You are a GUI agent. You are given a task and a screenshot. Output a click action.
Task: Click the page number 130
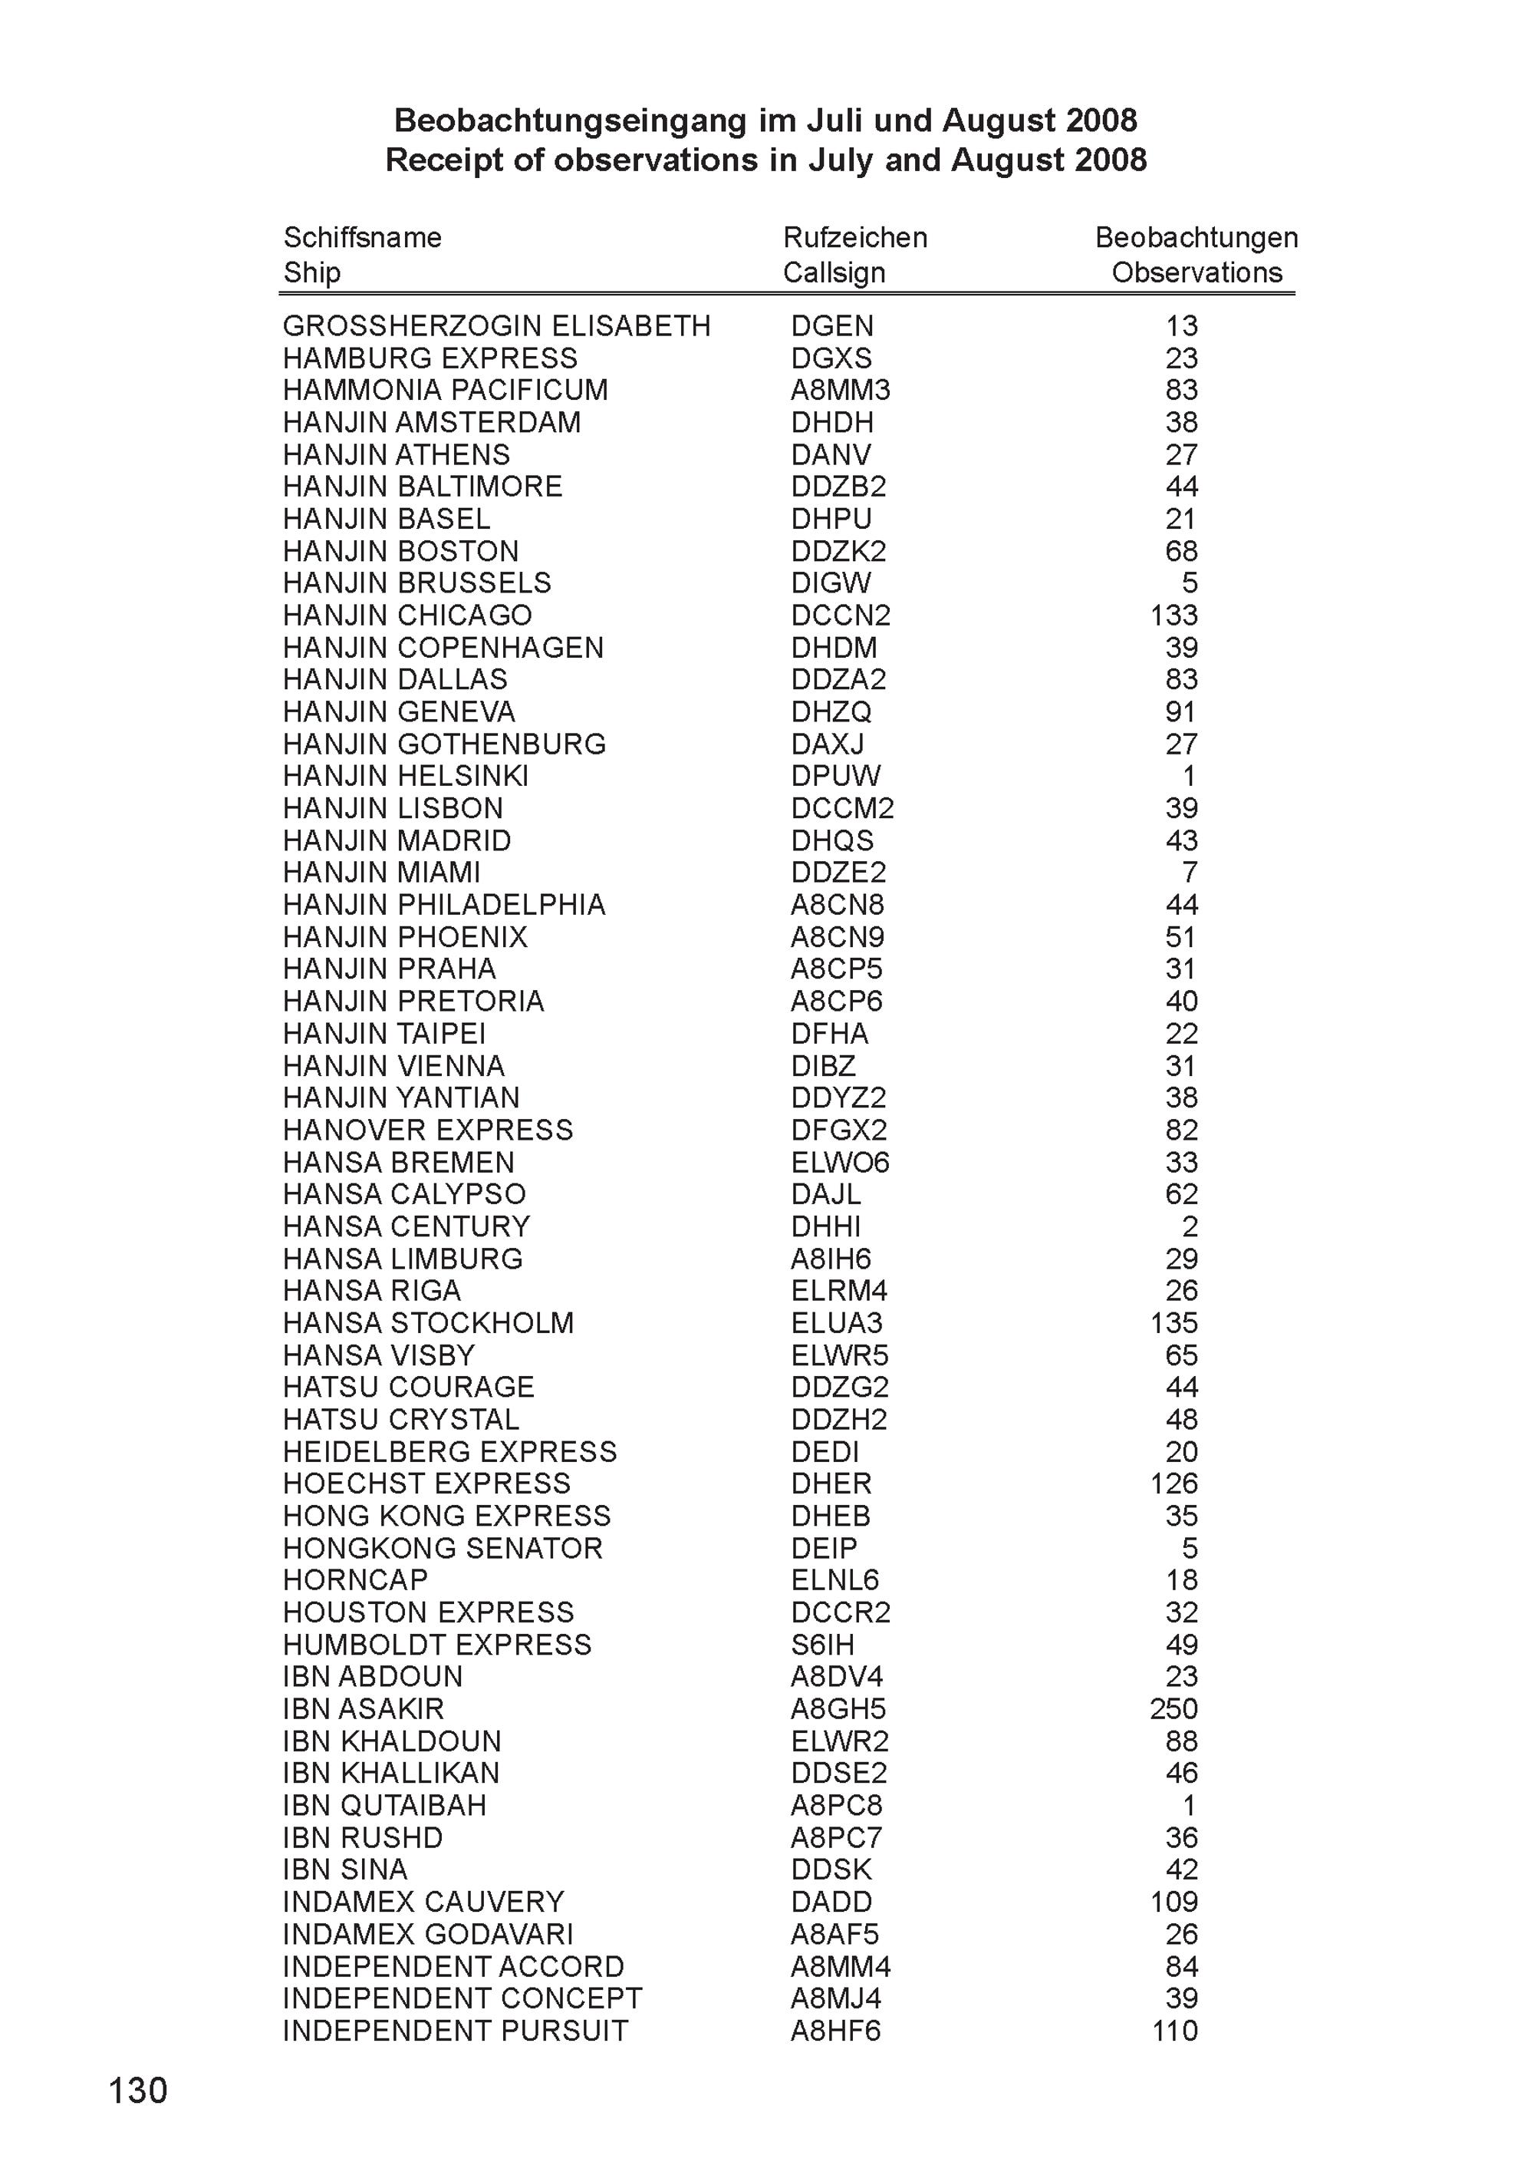point(138,2090)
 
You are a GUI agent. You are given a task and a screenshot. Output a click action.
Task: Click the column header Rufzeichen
point(855,238)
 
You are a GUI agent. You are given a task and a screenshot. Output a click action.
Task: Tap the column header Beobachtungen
point(1196,238)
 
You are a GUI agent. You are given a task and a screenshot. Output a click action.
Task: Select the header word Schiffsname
point(363,238)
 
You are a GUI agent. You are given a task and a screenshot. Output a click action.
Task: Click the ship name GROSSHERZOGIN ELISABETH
point(496,326)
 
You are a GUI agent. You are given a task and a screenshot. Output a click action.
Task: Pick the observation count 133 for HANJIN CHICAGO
point(1174,616)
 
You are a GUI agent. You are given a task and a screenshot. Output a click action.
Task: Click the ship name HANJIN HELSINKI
point(405,777)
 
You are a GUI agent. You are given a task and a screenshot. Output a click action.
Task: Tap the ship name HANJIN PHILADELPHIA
point(444,905)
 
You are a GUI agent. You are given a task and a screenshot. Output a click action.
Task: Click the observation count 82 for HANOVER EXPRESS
point(1182,1130)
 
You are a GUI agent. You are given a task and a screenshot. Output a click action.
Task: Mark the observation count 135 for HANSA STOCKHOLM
point(1174,1323)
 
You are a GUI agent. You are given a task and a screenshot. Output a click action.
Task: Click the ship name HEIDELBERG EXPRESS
point(449,1452)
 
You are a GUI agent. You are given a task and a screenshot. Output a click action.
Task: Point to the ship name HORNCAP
point(355,1580)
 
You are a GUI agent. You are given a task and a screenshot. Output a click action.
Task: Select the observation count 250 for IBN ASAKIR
point(1174,1709)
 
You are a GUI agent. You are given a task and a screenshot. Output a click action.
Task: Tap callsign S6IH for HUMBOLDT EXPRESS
point(823,1645)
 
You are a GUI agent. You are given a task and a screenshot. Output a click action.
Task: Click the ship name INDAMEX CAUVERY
point(423,1903)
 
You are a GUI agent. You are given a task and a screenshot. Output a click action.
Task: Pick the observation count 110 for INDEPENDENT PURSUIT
point(1174,2031)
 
